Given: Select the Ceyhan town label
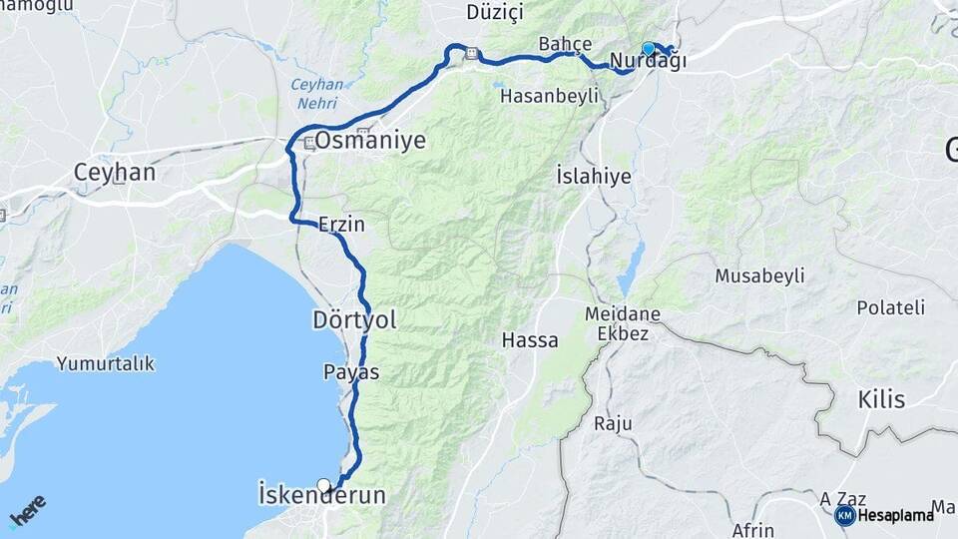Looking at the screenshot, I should [x=114, y=173].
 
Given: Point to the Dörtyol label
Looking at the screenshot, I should [x=354, y=319].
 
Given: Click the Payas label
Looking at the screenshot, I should [x=351, y=371].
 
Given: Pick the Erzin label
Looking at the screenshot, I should [x=341, y=226].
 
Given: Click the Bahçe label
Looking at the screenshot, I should [x=565, y=44].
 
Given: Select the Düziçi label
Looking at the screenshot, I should [x=495, y=13].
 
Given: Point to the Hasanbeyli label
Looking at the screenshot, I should [x=549, y=96].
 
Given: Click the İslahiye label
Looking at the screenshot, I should [x=593, y=176].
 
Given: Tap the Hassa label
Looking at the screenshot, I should [x=530, y=340].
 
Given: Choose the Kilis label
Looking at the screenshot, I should [x=881, y=400].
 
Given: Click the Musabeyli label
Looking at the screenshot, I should [x=760, y=274].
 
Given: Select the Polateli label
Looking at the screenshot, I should [x=891, y=307].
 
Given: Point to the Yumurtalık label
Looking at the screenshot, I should [x=106, y=363].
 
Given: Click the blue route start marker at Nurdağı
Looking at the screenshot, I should [x=649, y=48].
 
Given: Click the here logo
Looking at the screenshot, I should [x=28, y=511].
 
